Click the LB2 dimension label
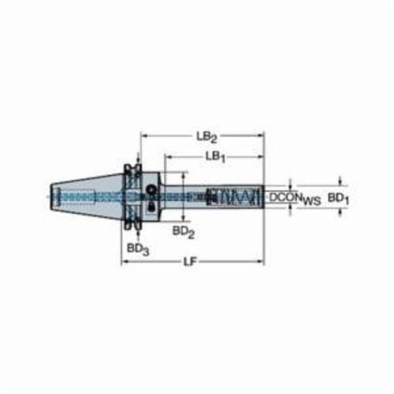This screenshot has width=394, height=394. click(207, 137)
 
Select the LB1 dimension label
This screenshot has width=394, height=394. click(215, 158)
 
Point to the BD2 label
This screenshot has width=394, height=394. click(184, 232)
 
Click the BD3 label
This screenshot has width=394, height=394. click(138, 249)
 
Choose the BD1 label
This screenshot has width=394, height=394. click(338, 199)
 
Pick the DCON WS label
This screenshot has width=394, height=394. click(295, 199)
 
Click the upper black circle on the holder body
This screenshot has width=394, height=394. click(151, 188)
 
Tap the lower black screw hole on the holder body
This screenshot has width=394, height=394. click(151, 207)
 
